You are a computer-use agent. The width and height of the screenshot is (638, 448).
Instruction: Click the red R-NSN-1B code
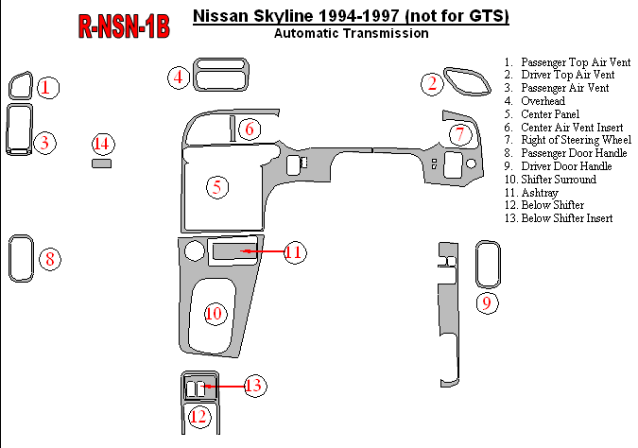[x=124, y=26]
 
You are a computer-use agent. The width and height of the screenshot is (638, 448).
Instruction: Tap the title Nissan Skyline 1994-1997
[x=351, y=16]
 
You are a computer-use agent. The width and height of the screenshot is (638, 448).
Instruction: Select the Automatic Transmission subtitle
[x=351, y=33]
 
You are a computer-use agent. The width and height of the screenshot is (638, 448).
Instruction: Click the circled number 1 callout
[x=48, y=88]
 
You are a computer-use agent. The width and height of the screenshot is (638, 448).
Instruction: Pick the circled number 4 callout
[x=178, y=78]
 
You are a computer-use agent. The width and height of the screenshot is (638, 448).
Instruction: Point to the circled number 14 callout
[x=103, y=144]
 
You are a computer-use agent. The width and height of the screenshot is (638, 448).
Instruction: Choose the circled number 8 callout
[x=50, y=258]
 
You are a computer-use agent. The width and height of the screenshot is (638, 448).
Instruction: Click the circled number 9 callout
[x=486, y=302]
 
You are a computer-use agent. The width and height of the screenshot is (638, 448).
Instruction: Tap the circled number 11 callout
[x=293, y=251]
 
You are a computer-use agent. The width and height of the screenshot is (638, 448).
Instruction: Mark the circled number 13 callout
[x=253, y=386]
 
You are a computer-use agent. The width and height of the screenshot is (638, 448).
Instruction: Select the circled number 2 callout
[x=433, y=84]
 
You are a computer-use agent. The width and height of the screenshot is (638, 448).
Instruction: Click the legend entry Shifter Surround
[x=558, y=179]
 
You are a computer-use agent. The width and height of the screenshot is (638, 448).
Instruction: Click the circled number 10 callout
[x=215, y=313]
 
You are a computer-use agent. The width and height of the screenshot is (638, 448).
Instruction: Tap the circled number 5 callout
[x=217, y=186]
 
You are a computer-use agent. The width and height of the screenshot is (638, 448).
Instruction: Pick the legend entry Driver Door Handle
[x=564, y=166]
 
